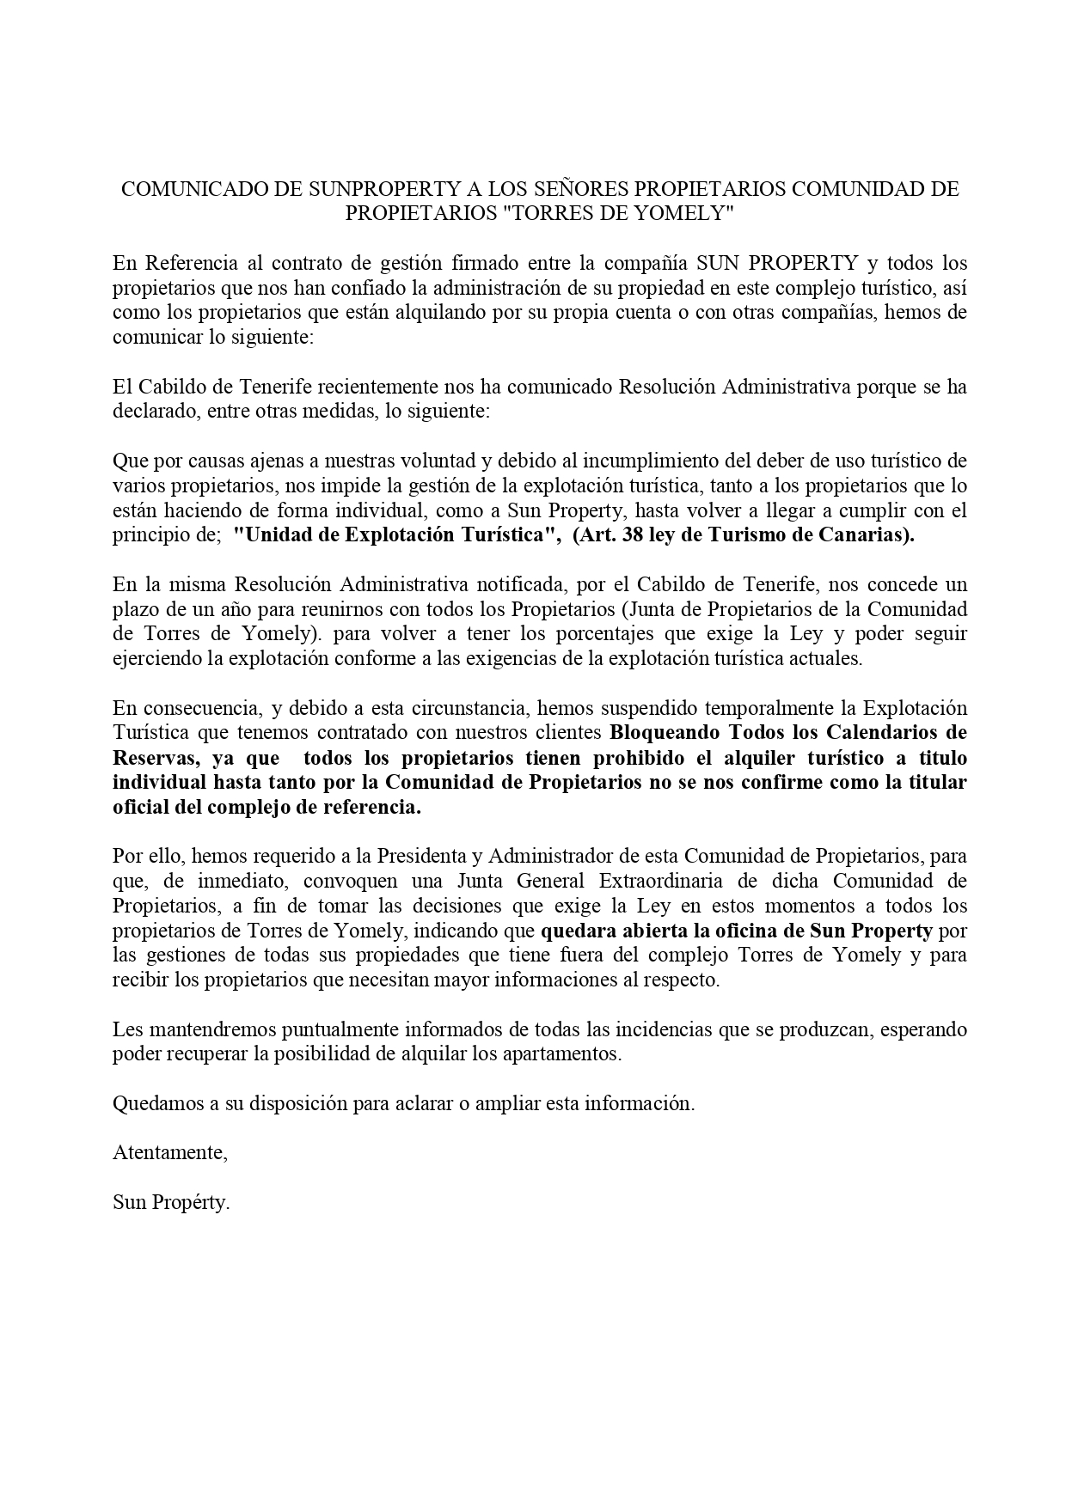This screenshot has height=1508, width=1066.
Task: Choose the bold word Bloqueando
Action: pos(662,733)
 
